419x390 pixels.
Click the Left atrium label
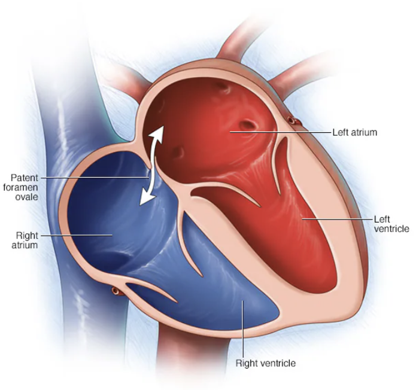coord(355,132)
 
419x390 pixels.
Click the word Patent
coord(25,177)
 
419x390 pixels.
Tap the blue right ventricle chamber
coord(233,299)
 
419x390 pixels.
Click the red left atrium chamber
coord(209,120)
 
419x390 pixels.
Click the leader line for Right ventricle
coord(242,329)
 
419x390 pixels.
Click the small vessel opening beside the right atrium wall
coord(115,291)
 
